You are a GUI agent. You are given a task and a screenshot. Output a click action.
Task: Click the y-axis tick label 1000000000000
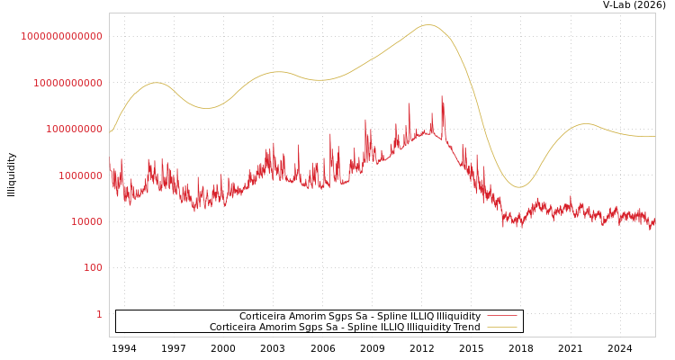(62, 36)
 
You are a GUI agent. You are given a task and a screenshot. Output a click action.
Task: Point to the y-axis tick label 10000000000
(67, 83)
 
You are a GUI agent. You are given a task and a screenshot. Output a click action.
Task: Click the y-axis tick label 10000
(86, 221)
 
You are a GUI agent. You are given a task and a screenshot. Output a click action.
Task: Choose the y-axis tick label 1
(99, 314)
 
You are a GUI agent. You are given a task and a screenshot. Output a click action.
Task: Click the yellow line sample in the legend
(501, 328)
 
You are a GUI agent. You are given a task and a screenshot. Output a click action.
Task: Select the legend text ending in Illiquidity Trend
(345, 328)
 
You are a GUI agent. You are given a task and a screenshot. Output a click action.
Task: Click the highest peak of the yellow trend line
(428, 25)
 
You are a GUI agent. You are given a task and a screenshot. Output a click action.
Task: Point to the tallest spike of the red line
(442, 96)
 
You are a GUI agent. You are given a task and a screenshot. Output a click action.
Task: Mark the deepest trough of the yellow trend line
(518, 187)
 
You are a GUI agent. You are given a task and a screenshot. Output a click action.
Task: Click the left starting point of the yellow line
(111, 132)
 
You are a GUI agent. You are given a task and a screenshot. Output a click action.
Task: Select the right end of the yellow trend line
(654, 137)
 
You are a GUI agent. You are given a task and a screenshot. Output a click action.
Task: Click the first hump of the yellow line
(157, 83)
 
